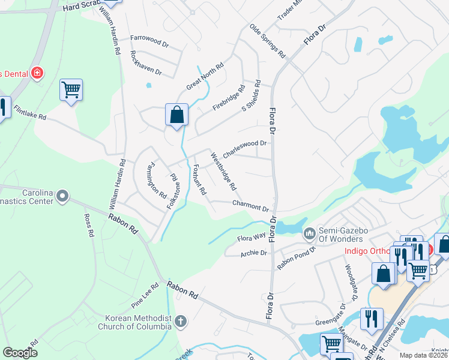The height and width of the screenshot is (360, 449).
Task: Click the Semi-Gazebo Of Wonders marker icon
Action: point(310,233)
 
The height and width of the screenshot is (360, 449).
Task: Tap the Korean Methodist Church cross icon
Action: point(180,322)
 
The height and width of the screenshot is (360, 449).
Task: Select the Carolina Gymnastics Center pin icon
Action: point(63,196)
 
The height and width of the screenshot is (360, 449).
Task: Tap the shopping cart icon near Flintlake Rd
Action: point(71,90)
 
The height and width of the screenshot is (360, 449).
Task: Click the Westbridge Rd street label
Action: point(223,172)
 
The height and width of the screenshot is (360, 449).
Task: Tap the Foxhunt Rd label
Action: point(199,179)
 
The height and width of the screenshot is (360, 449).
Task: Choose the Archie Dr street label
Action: point(253,253)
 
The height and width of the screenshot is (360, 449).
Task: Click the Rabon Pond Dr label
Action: point(296,258)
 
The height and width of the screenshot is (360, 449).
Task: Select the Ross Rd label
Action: point(89,223)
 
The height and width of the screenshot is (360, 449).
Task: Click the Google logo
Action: point(20,353)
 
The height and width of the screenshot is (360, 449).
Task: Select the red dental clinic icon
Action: point(37,73)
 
